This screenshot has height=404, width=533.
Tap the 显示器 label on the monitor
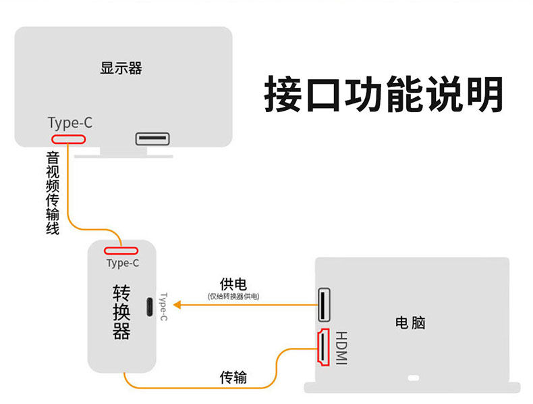121,68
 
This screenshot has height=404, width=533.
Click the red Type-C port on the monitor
68,139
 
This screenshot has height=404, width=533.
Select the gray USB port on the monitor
154,139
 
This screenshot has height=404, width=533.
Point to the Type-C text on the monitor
70,123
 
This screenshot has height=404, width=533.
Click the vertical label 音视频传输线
53,193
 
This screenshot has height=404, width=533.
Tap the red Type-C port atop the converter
121,251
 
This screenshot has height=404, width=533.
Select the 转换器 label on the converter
121,311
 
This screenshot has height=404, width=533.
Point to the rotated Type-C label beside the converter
163,307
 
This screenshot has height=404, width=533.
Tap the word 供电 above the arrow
233,284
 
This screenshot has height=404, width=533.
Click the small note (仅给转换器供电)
233,296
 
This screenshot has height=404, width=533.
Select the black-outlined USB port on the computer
324,305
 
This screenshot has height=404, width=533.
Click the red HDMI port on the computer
324,347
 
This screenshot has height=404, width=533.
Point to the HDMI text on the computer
341,349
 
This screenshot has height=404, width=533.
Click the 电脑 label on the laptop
410,322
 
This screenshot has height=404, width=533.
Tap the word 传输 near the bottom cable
233,377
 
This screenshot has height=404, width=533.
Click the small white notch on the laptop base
414,378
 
